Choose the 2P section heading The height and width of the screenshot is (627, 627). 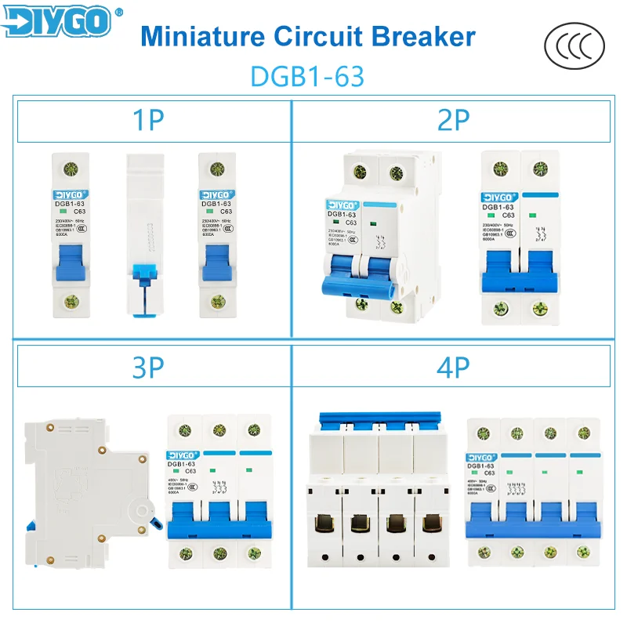[x=452, y=121]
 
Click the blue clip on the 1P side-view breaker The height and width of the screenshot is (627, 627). [x=146, y=274]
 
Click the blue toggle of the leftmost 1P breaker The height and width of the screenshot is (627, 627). [x=71, y=263]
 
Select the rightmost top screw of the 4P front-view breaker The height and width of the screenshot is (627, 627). [x=582, y=432]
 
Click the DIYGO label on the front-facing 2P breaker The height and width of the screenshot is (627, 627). [x=498, y=196]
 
